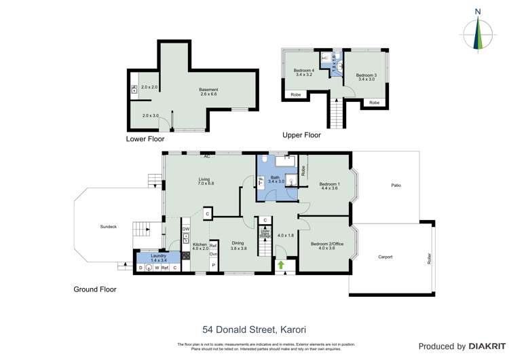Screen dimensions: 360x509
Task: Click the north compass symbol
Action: pyautogui.click(x=480, y=31)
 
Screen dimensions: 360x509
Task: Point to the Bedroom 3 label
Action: pyautogui.click(x=366, y=77)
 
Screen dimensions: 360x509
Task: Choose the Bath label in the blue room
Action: pyautogui.click(x=274, y=179)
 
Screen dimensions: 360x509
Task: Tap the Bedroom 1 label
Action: pyautogui.click(x=328, y=186)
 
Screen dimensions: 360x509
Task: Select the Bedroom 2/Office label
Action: pyautogui.click(x=328, y=246)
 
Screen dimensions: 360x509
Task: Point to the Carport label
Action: pyautogui.click(x=385, y=257)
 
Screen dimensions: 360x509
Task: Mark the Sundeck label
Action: pyautogui.click(x=109, y=226)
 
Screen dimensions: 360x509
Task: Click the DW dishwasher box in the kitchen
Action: pyautogui.click(x=185, y=230)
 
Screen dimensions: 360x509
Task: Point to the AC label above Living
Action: pyautogui.click(x=204, y=156)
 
